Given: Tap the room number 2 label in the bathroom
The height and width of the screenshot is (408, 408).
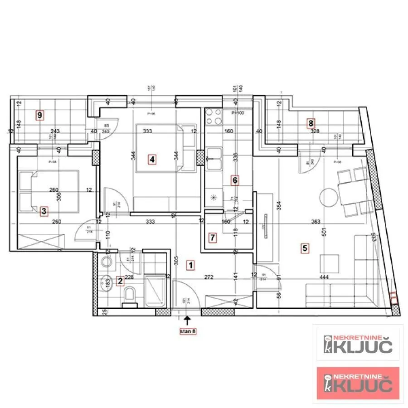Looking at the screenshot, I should pyautogui.click(x=120, y=281).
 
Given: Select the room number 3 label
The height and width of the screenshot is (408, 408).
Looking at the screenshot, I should pyautogui.click(x=44, y=211).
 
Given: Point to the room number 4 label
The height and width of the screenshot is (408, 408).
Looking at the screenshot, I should pyautogui.click(x=152, y=160).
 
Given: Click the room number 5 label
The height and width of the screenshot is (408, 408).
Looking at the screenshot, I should pyautogui.click(x=305, y=248).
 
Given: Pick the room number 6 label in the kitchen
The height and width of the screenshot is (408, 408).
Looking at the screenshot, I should pyautogui.click(x=235, y=180).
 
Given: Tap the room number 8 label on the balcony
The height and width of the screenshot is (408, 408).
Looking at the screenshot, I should pyautogui.click(x=311, y=122).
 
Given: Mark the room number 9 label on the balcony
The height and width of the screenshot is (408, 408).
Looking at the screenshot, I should pyautogui.click(x=40, y=115).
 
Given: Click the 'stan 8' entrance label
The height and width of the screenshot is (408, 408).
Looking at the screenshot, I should pyautogui.click(x=188, y=331).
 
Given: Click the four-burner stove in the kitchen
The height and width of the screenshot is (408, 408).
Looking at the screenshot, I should pyautogui.click(x=214, y=117).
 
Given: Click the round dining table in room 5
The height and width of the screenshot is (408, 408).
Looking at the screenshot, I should pyautogui.click(x=327, y=197).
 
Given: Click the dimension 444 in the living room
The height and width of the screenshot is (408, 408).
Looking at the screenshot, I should pyautogui.click(x=324, y=277).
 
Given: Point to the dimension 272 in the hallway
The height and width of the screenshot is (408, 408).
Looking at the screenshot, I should pyautogui.click(x=209, y=277).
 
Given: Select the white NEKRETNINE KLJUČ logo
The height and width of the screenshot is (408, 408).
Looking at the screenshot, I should pyautogui.click(x=358, y=345).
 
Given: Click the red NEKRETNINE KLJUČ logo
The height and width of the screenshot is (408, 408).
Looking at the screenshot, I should pyautogui.click(x=358, y=383).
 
